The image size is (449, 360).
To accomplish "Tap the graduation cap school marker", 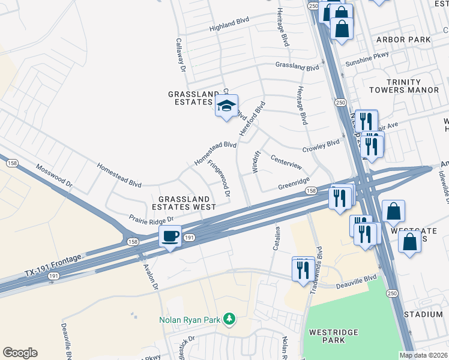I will (226, 106).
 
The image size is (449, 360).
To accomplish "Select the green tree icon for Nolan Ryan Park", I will (228, 319).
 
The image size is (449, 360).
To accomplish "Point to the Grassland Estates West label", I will (187, 203).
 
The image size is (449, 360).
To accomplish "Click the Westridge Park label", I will (333, 336).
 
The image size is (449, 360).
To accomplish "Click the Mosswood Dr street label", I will (53, 175).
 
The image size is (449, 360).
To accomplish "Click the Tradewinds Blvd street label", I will (319, 263).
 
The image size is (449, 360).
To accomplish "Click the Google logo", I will (20, 353).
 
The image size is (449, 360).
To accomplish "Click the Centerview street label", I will (286, 163).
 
